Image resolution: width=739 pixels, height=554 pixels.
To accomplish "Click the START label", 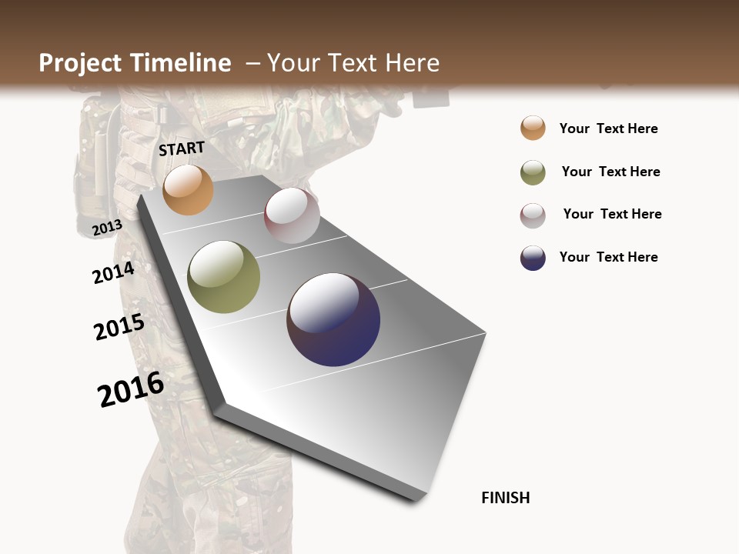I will tap(182, 149).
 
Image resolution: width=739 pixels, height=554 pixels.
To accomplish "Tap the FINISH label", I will tap(505, 498).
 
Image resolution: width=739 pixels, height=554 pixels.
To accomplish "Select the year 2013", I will tap(107, 227).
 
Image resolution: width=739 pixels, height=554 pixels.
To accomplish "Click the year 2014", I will tap(113, 272).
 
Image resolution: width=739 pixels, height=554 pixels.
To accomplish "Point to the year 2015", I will tap(119, 327).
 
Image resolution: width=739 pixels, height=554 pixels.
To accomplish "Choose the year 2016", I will tap(131, 389).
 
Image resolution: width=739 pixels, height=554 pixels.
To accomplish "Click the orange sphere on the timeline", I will tap(188, 189).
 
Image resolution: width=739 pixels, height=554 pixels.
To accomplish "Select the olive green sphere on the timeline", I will tap(224, 277).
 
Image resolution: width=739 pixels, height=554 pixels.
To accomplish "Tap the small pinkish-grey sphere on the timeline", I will tap(292, 215).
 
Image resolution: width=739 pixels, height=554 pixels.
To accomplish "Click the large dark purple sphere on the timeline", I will tap(333, 319).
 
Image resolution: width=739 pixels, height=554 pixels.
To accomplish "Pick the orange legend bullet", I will tap(533, 128).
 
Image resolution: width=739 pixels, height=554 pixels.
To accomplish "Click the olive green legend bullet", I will tap(533, 172).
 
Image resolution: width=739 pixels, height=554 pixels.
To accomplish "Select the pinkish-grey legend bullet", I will tap(533, 215).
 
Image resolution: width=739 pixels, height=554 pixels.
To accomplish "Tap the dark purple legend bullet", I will tap(533, 258).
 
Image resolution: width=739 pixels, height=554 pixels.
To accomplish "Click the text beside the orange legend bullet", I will tap(608, 128).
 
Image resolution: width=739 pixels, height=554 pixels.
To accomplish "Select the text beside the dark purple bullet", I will tap(608, 257).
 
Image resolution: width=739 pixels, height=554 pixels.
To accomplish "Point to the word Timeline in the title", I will tap(179, 63).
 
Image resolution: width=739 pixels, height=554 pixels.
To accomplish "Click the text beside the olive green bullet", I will tap(610, 172).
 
